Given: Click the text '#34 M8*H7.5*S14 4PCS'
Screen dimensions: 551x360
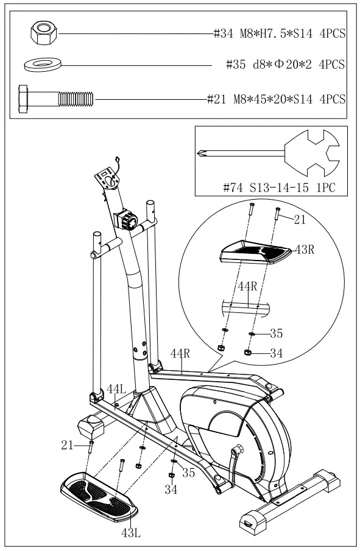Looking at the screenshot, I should pyautogui.click(x=280, y=35).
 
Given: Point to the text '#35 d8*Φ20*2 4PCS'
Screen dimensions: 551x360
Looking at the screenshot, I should pyautogui.click(x=286, y=64).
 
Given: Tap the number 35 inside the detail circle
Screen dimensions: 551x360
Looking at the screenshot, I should pyautogui.click(x=277, y=334).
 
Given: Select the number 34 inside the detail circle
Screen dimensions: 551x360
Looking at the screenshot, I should pyautogui.click(x=277, y=352).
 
